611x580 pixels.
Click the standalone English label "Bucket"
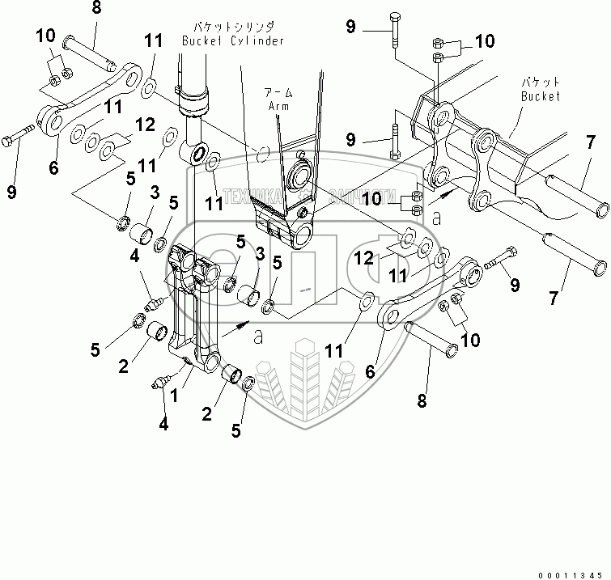click(x=540, y=96)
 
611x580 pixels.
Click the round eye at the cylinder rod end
click(x=198, y=154)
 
